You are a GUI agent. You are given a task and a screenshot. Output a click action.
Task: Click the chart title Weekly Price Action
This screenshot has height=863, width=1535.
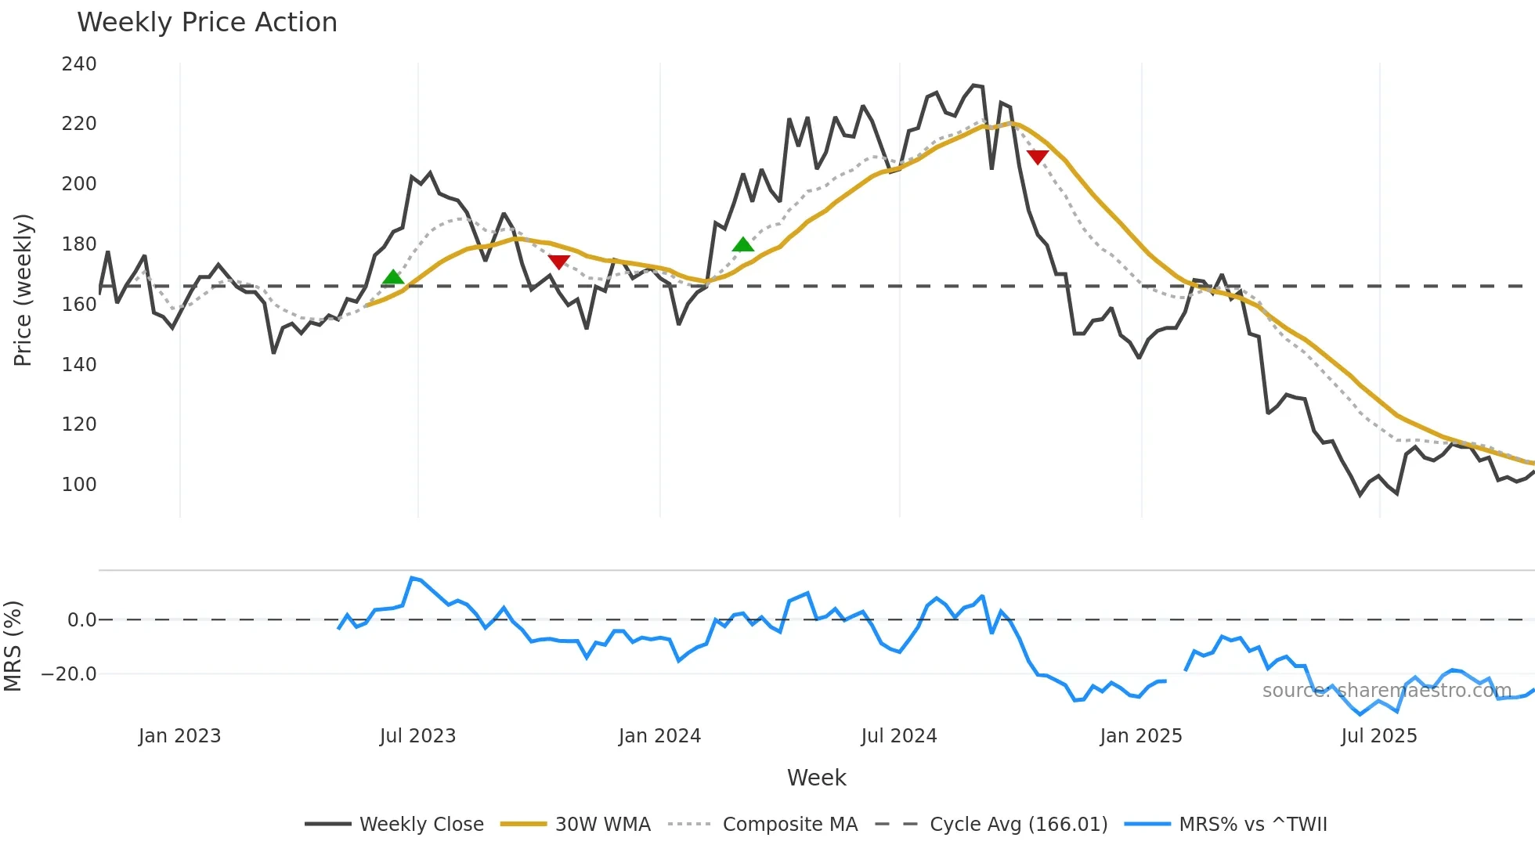[x=207, y=23]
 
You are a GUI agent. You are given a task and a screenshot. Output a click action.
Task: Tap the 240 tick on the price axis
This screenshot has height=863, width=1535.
[x=79, y=64]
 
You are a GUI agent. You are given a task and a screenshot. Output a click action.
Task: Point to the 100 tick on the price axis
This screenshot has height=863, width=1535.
[x=79, y=485]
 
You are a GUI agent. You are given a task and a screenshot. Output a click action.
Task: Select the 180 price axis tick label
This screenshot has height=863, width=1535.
[x=79, y=244]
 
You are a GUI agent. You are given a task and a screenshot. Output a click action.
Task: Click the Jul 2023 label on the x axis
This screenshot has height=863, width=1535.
[x=417, y=736]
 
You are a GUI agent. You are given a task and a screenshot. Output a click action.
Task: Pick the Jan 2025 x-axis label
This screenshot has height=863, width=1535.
[x=1140, y=736]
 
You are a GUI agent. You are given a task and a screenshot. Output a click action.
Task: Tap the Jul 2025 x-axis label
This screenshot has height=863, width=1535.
[x=1378, y=736]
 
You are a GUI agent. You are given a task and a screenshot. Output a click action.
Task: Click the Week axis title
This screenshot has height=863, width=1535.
[x=816, y=778]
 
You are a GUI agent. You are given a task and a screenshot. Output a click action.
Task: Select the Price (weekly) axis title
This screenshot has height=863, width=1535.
[x=23, y=290]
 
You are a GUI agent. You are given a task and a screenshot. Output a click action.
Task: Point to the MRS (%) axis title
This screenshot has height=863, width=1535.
[x=13, y=646]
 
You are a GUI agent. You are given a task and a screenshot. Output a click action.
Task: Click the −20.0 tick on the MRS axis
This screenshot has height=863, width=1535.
[x=69, y=674]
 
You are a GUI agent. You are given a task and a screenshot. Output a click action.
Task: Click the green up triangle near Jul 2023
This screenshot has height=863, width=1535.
[x=393, y=277]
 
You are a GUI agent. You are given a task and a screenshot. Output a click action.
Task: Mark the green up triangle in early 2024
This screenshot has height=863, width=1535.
[x=742, y=245]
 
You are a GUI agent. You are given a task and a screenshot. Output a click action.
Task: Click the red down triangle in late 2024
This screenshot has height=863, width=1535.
[x=1038, y=157]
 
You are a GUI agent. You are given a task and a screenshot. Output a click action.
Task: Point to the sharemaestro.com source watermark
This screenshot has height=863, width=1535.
[x=1386, y=691]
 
